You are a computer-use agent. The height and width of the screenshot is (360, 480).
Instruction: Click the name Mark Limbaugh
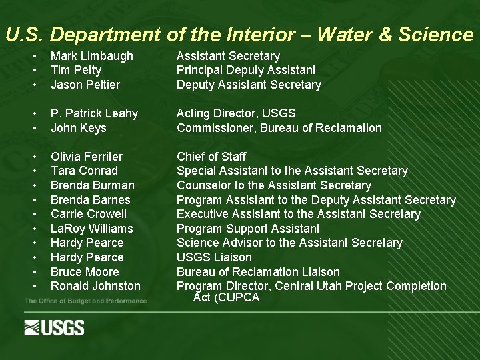pos(92,56)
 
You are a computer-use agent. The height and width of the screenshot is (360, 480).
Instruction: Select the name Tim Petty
pos(76,70)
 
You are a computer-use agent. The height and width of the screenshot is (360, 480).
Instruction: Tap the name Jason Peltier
pos(85,85)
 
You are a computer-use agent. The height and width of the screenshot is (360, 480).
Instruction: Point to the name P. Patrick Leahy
pos(94,113)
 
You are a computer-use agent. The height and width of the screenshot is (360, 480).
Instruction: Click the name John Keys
pos(79,128)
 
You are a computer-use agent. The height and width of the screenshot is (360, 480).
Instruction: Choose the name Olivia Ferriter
pos(87,157)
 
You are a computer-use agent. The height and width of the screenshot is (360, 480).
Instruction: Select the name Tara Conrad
pos(84,171)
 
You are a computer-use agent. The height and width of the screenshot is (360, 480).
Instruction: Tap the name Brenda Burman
pos(92,185)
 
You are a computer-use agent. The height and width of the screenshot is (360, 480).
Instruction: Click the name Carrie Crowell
pos(89,214)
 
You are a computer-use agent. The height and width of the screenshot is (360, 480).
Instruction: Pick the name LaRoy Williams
pos(92,229)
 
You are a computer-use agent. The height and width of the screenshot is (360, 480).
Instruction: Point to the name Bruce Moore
pos(85,272)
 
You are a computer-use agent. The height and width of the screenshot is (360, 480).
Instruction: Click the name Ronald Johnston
pos(95,286)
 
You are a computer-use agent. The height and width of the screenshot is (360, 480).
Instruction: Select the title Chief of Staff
pos(211,157)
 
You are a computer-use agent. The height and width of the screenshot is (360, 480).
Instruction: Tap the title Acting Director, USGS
pos(236,113)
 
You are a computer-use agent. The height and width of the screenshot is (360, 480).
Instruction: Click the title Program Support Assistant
pos(248,229)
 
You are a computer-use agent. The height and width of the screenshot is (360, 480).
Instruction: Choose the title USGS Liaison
pos(214,257)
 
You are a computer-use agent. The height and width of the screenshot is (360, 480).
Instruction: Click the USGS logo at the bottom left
pos(54,327)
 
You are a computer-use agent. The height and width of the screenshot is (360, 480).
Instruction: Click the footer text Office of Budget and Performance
pos(85,301)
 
